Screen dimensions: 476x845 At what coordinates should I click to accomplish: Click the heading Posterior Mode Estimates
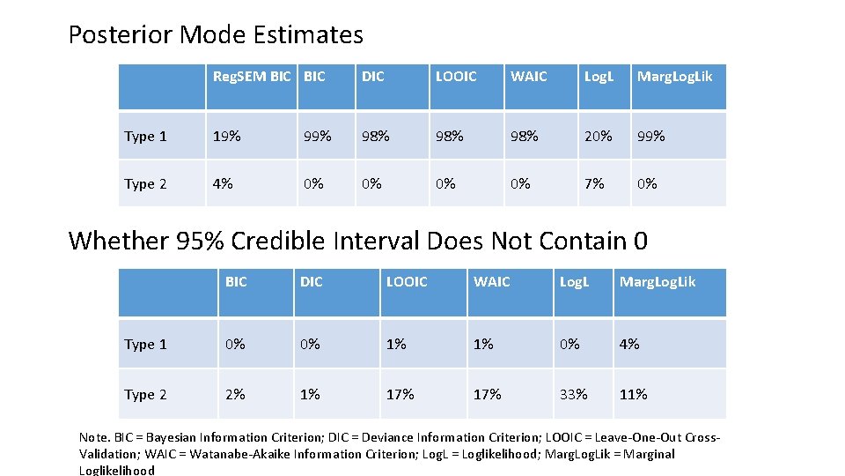[x=216, y=35]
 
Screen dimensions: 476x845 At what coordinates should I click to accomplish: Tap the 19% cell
[x=226, y=136]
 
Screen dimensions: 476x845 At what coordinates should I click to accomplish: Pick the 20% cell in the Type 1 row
[x=599, y=136]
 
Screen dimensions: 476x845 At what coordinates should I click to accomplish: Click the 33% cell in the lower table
[x=573, y=394]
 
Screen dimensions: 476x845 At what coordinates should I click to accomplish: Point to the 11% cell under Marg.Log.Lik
[x=633, y=394]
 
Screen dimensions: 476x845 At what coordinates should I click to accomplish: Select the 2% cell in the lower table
[x=235, y=394]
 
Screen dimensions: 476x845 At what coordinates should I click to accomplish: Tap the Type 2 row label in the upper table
[x=145, y=184]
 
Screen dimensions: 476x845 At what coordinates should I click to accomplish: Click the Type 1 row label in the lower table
[x=145, y=345]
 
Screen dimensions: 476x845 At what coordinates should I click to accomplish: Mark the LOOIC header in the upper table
[x=456, y=77]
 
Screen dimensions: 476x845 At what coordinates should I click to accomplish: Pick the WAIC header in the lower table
[x=491, y=282]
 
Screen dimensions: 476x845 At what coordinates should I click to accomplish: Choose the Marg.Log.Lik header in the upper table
[x=674, y=77]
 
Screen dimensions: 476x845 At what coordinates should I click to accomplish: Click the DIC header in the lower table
[x=312, y=282]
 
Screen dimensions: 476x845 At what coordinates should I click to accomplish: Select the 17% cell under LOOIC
[x=400, y=394]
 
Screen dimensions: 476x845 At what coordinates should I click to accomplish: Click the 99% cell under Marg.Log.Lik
[x=651, y=136]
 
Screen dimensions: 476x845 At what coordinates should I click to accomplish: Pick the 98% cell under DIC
[x=375, y=136]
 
